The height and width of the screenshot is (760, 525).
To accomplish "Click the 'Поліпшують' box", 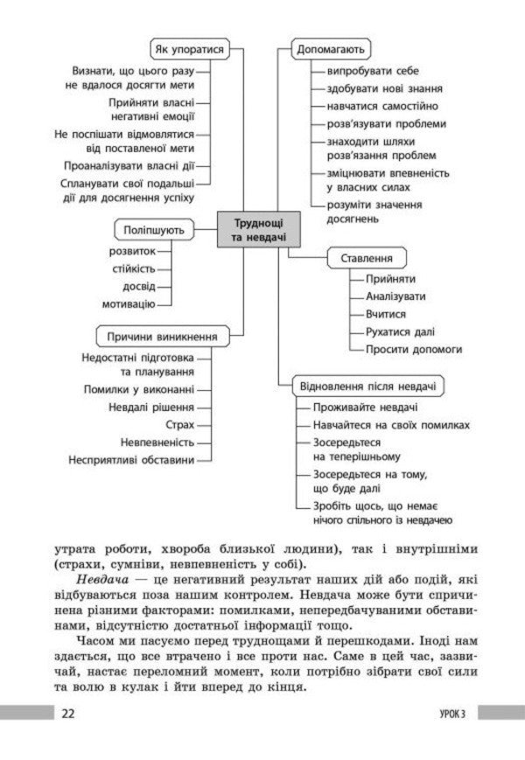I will (152, 230).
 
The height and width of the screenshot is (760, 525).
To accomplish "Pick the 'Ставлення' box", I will (367, 259).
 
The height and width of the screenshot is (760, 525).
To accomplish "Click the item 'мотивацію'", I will (128, 303).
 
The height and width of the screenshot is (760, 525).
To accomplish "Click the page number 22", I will (68, 713).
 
